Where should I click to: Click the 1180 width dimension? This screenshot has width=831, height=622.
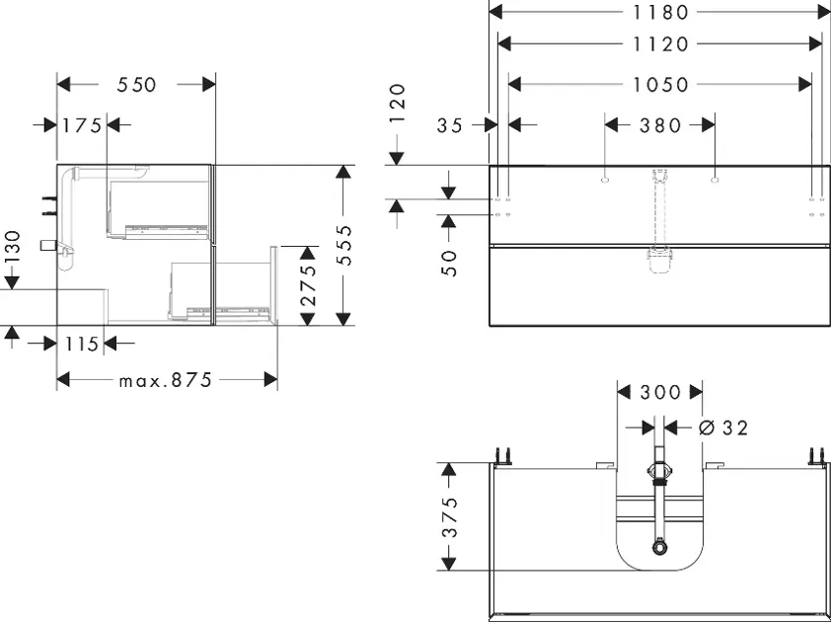(661, 12)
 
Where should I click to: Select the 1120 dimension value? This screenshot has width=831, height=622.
(661, 44)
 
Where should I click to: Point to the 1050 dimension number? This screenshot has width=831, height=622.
(661, 84)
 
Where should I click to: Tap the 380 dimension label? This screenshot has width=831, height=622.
(660, 125)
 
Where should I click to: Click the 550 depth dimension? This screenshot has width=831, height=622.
(137, 85)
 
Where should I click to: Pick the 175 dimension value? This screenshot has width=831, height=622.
(82, 125)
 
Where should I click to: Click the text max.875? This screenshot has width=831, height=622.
(166, 380)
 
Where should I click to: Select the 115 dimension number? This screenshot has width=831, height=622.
(82, 345)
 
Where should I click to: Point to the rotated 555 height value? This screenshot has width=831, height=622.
(344, 245)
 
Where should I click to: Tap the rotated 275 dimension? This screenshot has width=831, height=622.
(308, 284)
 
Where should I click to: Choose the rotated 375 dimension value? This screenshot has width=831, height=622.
(449, 517)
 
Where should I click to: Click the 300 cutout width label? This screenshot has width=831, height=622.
(660, 393)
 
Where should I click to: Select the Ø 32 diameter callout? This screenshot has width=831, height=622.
(722, 428)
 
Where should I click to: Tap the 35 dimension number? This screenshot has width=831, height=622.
(450, 125)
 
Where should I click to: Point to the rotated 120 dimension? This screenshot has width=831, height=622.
(397, 103)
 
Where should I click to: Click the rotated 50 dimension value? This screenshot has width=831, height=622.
(449, 263)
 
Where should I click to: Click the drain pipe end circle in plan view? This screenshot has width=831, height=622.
(659, 546)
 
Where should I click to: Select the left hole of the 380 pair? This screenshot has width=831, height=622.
(605, 181)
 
